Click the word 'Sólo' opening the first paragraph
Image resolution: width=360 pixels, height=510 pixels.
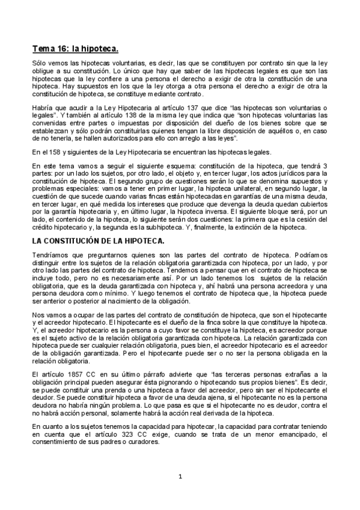pyautogui.click(x=39, y=63)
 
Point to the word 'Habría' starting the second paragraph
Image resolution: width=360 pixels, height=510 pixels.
pyautogui.click(x=42, y=107)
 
